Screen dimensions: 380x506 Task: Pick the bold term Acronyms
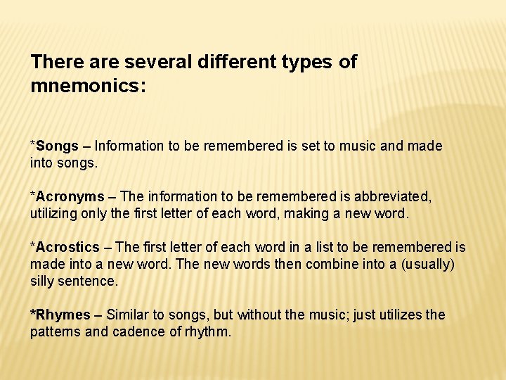pos(70,197)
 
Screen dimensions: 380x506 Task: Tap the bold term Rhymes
pos(63,315)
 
